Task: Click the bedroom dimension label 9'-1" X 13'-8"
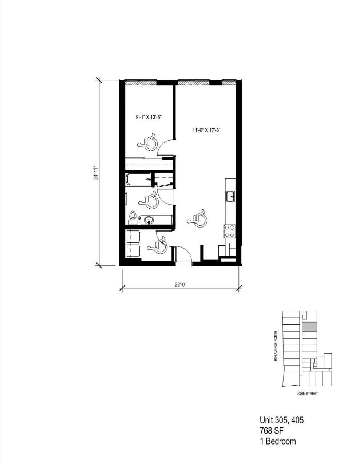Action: point(149,117)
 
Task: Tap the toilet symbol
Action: point(133,218)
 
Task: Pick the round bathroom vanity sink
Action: point(148,220)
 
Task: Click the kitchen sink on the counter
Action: point(231,197)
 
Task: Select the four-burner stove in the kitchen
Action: point(230,232)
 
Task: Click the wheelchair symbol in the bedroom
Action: point(149,142)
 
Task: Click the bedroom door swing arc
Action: point(166,147)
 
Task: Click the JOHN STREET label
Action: point(307,394)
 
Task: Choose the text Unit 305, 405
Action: point(281,420)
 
